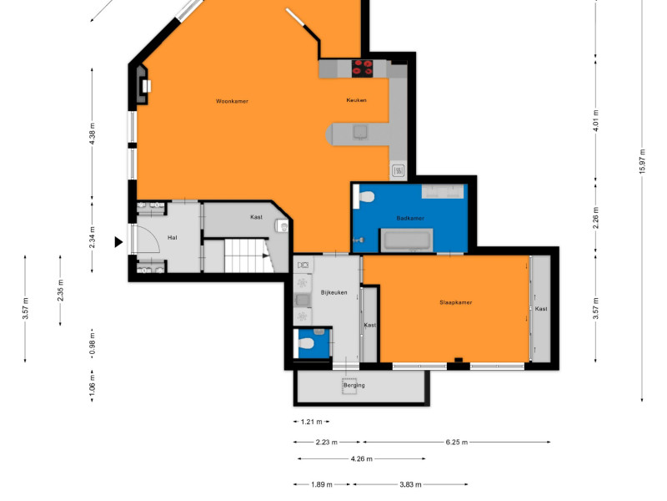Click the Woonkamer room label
[232, 101]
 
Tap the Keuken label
[357, 100]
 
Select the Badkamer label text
[410, 218]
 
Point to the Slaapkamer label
[455, 302]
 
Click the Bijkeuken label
[334, 293]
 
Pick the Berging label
[354, 385]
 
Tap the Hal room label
[173, 238]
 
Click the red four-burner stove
[362, 68]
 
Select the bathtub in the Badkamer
[406, 240]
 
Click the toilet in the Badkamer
[364, 197]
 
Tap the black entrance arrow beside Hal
[118, 242]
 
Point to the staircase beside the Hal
[248, 256]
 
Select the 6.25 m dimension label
[456, 443]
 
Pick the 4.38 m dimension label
[93, 134]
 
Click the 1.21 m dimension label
[311, 422]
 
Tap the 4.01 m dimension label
[595, 120]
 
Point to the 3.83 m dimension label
[410, 484]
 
